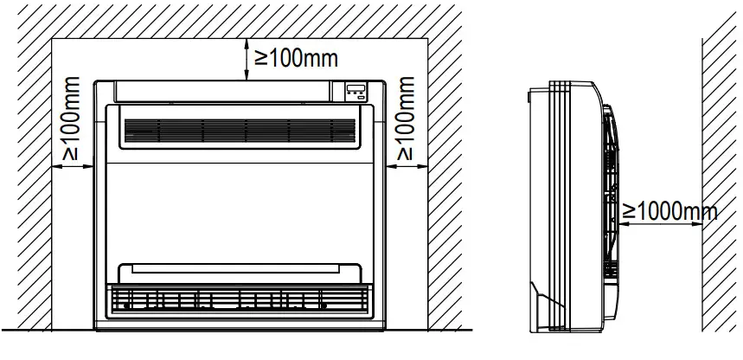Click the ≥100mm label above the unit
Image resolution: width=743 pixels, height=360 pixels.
(x=295, y=58)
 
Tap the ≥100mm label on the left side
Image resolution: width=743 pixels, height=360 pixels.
(x=71, y=118)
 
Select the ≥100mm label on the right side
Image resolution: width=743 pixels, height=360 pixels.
(x=403, y=118)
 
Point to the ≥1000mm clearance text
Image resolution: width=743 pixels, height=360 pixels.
(x=669, y=210)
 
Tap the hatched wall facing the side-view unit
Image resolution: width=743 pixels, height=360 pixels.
(x=722, y=173)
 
